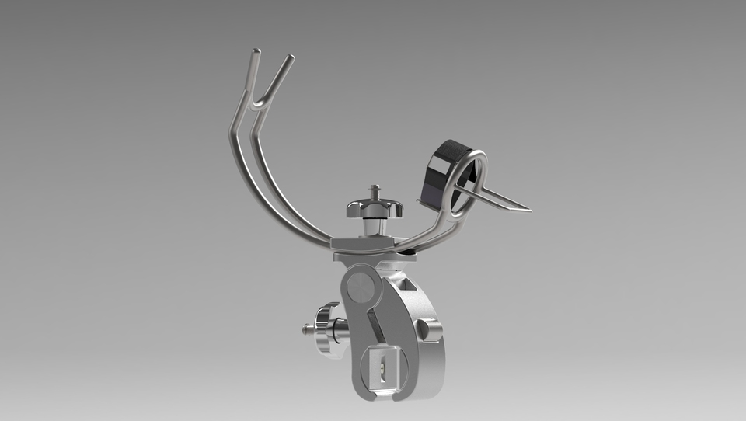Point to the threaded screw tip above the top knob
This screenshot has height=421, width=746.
coord(376,190)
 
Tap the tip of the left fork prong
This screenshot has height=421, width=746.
coord(256,53)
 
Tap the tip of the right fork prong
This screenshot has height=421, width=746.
coord(290,57)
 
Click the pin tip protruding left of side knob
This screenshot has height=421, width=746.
coord(305,330)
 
